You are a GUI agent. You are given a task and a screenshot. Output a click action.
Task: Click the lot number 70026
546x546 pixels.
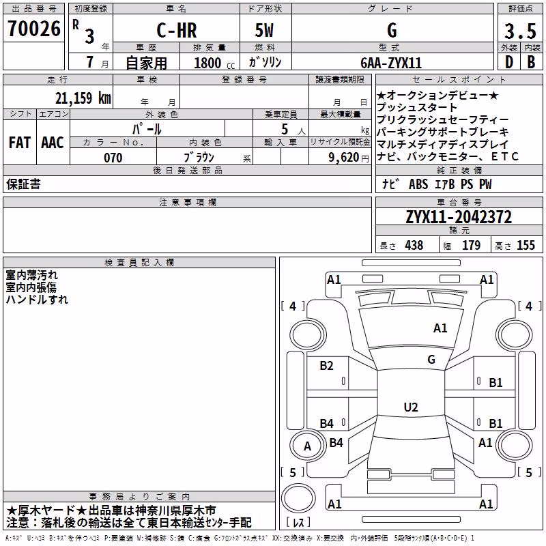34,29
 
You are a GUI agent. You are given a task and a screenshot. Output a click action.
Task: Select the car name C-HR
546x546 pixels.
177,30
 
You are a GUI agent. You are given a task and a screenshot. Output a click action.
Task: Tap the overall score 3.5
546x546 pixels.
520,31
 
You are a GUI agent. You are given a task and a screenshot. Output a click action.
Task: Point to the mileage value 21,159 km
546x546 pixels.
83,98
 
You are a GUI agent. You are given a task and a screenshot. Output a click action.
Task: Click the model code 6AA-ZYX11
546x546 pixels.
391,63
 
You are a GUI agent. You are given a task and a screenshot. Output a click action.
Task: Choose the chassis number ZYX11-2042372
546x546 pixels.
459,217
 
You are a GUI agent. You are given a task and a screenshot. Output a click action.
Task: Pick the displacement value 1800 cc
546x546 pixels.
214,63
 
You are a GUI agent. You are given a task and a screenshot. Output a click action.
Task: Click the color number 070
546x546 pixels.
113,158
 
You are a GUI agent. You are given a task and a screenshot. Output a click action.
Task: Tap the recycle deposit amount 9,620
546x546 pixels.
344,158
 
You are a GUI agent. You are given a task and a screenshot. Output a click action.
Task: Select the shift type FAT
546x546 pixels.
20,143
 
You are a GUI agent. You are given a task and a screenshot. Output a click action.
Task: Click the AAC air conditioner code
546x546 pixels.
53,143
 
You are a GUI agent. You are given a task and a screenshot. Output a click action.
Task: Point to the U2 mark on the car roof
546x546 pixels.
411,407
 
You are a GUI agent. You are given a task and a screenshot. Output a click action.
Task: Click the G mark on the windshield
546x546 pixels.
431,359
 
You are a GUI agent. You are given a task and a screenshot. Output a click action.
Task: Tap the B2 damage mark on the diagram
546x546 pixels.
326,365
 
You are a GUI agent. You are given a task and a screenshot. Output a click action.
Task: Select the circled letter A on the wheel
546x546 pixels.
307,446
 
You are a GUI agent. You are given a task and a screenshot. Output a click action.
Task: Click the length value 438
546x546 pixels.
414,245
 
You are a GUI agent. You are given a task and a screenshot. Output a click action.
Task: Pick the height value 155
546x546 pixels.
526,245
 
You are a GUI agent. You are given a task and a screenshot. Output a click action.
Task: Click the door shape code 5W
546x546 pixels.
264,30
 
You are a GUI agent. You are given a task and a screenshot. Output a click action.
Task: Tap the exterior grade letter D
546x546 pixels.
509,62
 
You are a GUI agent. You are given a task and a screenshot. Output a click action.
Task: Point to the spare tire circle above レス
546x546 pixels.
298,498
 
